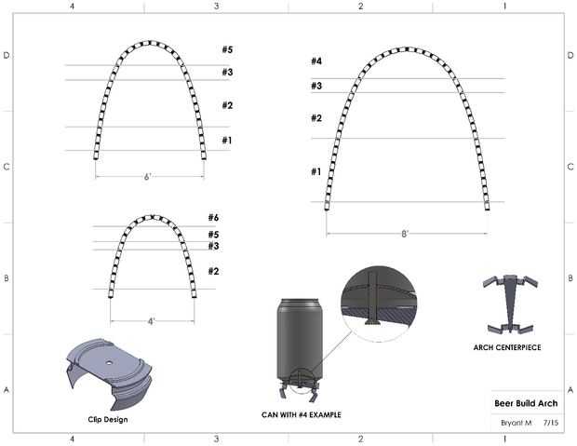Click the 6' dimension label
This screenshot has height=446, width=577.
(147, 177)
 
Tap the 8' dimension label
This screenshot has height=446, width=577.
(405, 234)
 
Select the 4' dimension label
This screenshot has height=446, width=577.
(152, 321)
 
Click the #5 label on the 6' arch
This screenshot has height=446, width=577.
(227, 49)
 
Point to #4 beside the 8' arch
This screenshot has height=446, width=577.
(316, 61)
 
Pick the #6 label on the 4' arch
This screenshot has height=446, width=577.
(213, 217)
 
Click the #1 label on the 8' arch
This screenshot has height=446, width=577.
(316, 171)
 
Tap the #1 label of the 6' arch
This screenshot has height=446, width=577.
(227, 140)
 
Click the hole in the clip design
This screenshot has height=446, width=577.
(109, 363)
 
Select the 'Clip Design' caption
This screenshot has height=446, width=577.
(108, 420)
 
